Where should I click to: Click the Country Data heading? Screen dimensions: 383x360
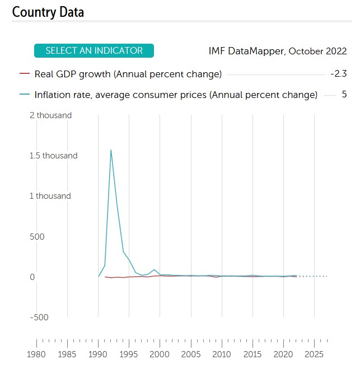(48, 12)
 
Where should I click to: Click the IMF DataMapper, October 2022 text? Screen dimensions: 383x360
(277, 51)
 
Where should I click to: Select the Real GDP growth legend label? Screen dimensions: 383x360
(128, 74)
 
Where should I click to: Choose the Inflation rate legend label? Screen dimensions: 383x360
(176, 95)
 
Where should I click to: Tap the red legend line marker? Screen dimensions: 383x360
(24, 74)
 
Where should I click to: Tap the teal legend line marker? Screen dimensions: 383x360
(24, 95)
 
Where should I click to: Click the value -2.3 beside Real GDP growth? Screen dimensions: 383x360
(339, 74)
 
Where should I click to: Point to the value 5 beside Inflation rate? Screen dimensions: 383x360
(344, 95)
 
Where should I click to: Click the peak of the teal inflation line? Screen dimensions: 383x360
(111, 150)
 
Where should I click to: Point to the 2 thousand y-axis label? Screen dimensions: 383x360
(50, 115)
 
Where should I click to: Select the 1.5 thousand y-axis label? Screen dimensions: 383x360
(54, 156)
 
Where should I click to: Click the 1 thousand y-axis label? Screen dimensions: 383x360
(50, 196)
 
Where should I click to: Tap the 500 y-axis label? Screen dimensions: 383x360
(37, 236)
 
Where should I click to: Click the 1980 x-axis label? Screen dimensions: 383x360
(36, 354)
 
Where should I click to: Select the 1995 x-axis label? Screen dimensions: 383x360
(129, 354)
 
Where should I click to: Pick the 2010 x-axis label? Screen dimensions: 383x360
(222, 354)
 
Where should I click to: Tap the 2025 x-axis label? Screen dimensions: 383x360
(315, 354)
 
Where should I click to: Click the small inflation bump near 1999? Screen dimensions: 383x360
(154, 270)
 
